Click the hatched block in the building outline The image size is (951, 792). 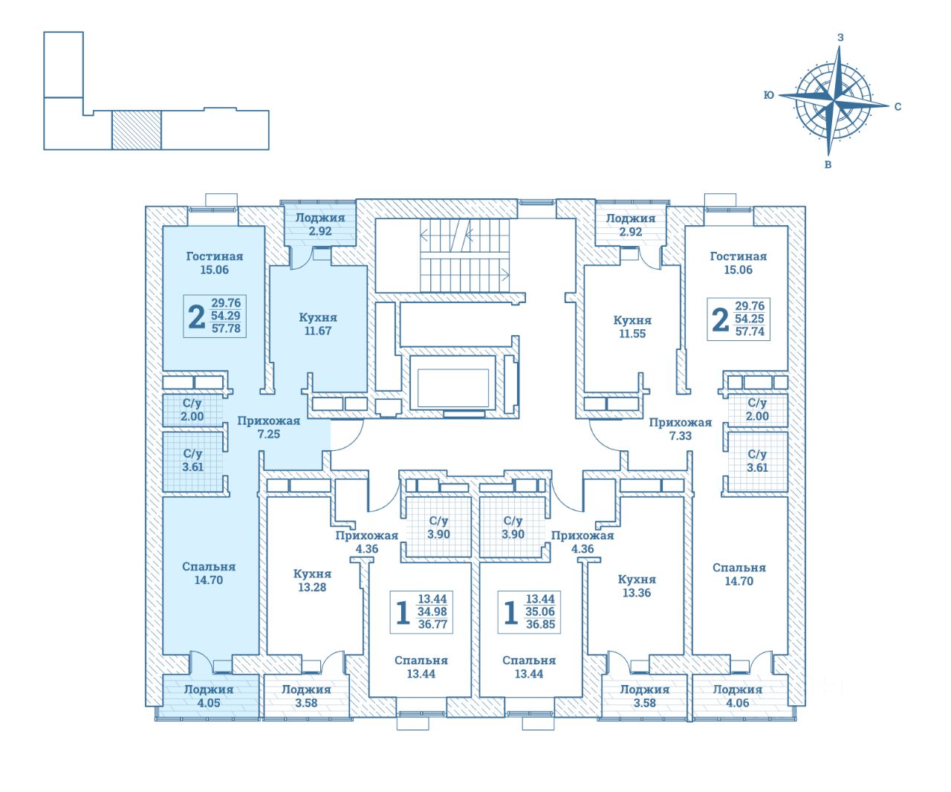[x=136, y=130]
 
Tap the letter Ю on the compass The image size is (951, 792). [x=769, y=95]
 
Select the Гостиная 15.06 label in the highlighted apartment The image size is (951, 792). [x=214, y=263]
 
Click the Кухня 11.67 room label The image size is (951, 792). [x=318, y=324]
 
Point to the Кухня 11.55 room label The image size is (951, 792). [x=632, y=327]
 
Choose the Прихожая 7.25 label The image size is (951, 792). [x=268, y=427]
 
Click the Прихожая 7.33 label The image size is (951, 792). [x=680, y=429]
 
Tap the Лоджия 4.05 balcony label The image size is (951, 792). [x=209, y=695]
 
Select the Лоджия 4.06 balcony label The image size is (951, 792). [x=737, y=695]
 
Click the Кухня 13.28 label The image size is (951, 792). [x=312, y=580]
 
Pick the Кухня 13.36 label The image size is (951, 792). [x=637, y=585]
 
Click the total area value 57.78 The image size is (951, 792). [x=226, y=328]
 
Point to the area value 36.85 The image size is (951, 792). [x=541, y=625]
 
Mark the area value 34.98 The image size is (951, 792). [x=433, y=611]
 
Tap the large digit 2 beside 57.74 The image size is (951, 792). [x=719, y=319]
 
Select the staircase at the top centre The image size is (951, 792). [x=465, y=256]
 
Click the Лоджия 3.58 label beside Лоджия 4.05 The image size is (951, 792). [x=305, y=695]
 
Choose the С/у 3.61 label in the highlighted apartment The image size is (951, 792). [x=192, y=460]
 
